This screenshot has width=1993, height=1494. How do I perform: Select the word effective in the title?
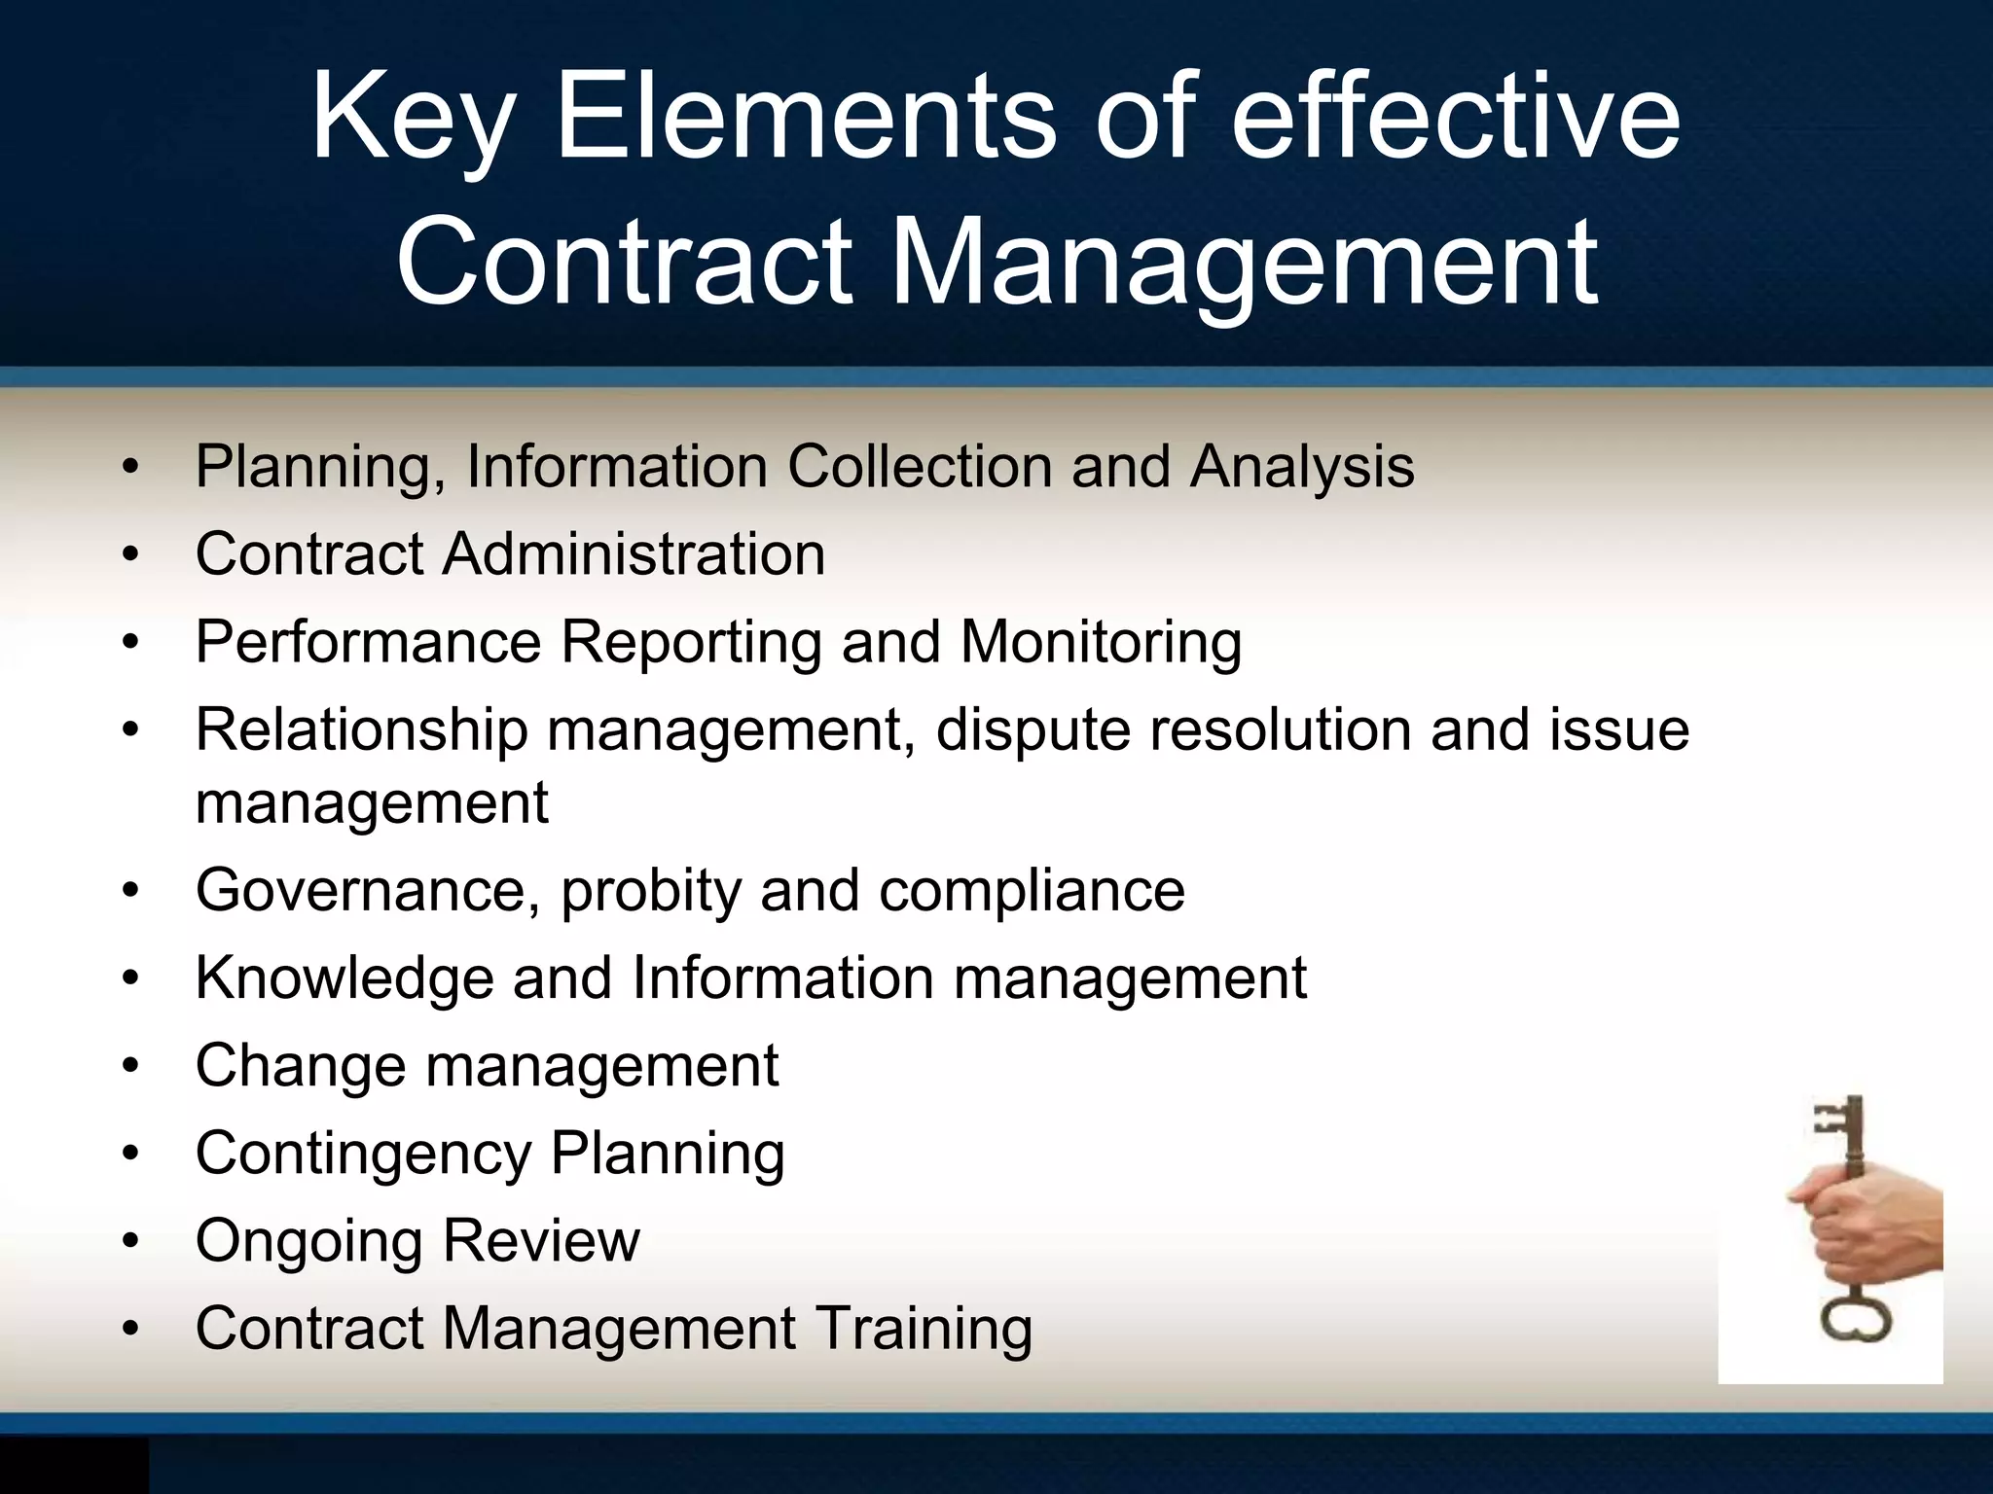pos(1456,121)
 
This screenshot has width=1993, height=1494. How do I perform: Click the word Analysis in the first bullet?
pos(1302,467)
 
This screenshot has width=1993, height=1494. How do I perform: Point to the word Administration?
pos(634,554)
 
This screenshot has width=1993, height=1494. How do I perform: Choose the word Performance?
pos(368,642)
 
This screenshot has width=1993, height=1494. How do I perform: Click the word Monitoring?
pos(1101,642)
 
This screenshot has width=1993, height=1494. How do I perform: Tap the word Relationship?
pos(361,729)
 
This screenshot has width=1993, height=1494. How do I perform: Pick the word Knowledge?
pos(344,978)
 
